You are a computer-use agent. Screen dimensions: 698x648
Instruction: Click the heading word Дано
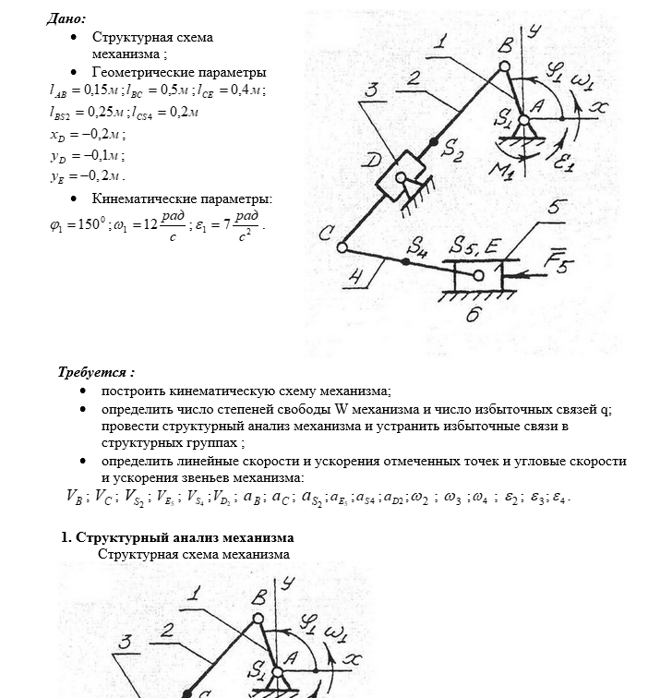point(66,18)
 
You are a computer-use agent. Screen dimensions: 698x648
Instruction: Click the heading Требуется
point(96,373)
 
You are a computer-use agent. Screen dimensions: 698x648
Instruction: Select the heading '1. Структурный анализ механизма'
point(177,537)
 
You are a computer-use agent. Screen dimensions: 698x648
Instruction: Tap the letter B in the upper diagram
point(505,46)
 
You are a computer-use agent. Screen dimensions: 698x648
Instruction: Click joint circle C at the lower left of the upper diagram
point(342,247)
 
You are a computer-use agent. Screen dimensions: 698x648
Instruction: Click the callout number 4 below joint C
point(357,274)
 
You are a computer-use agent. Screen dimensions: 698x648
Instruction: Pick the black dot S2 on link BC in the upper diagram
point(435,143)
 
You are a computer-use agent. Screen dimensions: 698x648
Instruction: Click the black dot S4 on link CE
point(405,261)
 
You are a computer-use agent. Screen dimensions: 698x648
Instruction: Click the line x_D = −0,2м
point(88,134)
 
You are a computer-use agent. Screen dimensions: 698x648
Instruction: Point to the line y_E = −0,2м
point(87,175)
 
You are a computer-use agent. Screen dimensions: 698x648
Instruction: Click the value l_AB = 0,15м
point(85,91)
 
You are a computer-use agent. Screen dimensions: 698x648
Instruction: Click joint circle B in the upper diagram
point(504,66)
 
